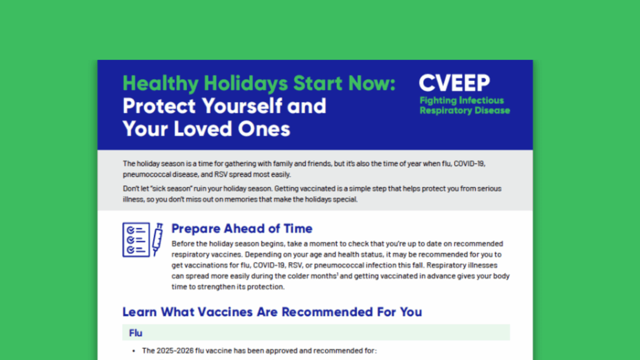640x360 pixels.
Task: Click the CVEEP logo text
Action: [x=454, y=83]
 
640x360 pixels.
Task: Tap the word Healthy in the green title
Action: [x=160, y=83]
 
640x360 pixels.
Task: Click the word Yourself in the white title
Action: [x=242, y=106]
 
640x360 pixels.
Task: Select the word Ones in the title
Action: [x=264, y=129]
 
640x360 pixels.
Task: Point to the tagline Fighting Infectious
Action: [x=462, y=100]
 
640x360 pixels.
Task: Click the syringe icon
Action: [x=157, y=240]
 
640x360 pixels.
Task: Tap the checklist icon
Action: [x=136, y=240]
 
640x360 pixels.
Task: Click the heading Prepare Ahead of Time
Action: [x=242, y=229]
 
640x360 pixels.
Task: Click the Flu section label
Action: [x=135, y=333]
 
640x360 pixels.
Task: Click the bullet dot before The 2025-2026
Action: [x=134, y=351]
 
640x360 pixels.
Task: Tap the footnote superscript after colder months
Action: [x=337, y=274]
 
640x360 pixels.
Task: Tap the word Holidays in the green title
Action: [x=246, y=83]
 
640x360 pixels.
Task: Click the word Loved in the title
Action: [x=202, y=129]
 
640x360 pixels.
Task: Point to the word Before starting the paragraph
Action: [x=183, y=244]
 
